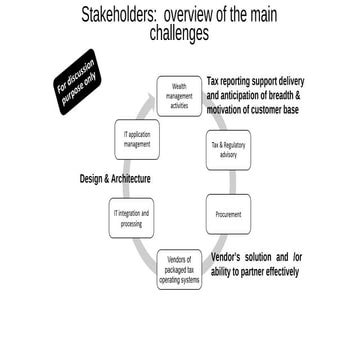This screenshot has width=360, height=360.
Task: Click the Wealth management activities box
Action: point(180,96)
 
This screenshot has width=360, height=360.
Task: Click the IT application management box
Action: point(137,140)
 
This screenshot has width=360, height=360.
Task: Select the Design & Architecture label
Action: point(115,179)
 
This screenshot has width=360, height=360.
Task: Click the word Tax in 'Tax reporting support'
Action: point(215,82)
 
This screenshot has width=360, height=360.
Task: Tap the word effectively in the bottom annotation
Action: point(275,271)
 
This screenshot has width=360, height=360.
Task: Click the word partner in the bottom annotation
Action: point(238,271)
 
